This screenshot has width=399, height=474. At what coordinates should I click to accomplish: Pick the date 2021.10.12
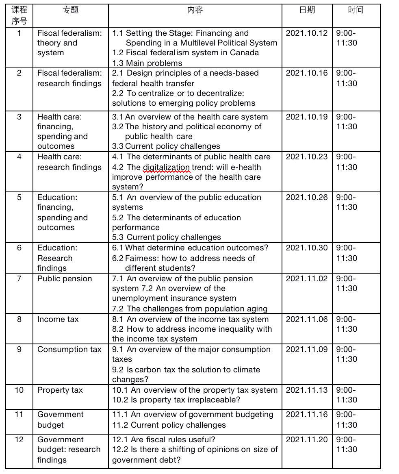tap(306, 33)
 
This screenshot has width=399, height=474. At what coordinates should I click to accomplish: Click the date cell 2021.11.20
tap(306, 440)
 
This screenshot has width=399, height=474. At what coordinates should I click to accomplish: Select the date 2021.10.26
tap(306, 198)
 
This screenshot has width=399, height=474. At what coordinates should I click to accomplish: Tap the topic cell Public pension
tap(65, 279)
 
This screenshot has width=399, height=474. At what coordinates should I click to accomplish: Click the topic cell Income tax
tap(58, 320)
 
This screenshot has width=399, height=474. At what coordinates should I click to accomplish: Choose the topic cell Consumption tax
tap(69, 350)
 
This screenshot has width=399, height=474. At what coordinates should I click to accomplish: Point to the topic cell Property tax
tap(60, 390)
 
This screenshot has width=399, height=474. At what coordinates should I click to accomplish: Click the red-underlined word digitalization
tap(166, 167)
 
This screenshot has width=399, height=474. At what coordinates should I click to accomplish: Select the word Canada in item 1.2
tap(244, 53)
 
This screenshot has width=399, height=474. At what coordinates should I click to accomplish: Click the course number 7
tap(19, 279)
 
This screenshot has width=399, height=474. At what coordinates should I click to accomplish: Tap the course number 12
tap(19, 440)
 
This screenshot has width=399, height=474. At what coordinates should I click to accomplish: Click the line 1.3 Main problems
tap(147, 63)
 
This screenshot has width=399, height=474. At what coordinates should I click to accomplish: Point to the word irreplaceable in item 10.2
tap(214, 400)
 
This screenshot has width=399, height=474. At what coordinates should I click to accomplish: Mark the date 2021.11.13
tap(306, 390)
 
